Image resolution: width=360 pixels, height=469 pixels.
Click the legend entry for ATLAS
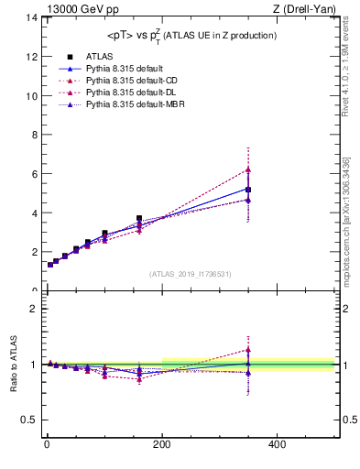94,56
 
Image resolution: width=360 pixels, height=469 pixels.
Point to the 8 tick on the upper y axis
34,135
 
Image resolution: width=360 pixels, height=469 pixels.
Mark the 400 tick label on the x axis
276,444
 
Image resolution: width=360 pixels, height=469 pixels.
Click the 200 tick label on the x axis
161,444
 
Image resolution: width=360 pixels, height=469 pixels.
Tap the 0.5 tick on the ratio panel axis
29,420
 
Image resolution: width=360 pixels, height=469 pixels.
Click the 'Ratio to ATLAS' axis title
12,364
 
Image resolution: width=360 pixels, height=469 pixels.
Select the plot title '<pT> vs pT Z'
186,35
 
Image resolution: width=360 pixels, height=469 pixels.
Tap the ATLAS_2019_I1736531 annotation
191,274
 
